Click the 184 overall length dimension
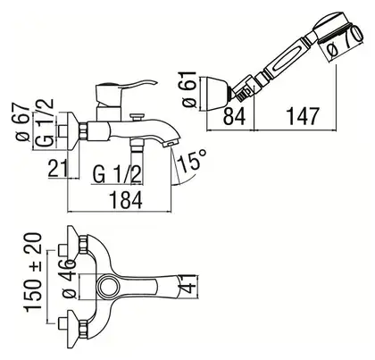click(x=127, y=200)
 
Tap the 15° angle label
click(x=192, y=161)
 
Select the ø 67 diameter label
click(x=22, y=123)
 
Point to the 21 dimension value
click(x=58, y=168)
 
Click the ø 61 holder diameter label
click(x=189, y=89)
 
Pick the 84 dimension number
click(x=234, y=117)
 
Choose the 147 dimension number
click(x=303, y=116)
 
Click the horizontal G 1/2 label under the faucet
click(x=117, y=174)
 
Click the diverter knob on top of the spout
click(x=137, y=116)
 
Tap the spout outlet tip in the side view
click(x=171, y=144)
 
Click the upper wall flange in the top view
click(x=74, y=244)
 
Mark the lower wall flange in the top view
click(x=74, y=326)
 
